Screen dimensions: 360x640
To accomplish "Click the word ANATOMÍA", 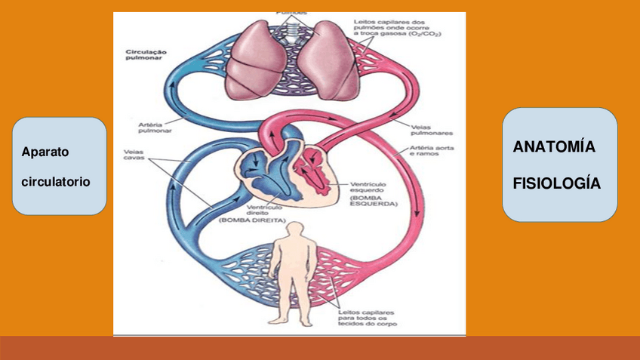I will (x=554, y=147).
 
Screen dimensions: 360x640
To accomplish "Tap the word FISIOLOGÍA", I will (x=557, y=183).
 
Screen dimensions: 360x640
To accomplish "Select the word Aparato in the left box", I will (x=45, y=152).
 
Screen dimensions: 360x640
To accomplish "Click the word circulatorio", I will (x=56, y=182).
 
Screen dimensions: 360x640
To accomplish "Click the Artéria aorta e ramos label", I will (x=433, y=150).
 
